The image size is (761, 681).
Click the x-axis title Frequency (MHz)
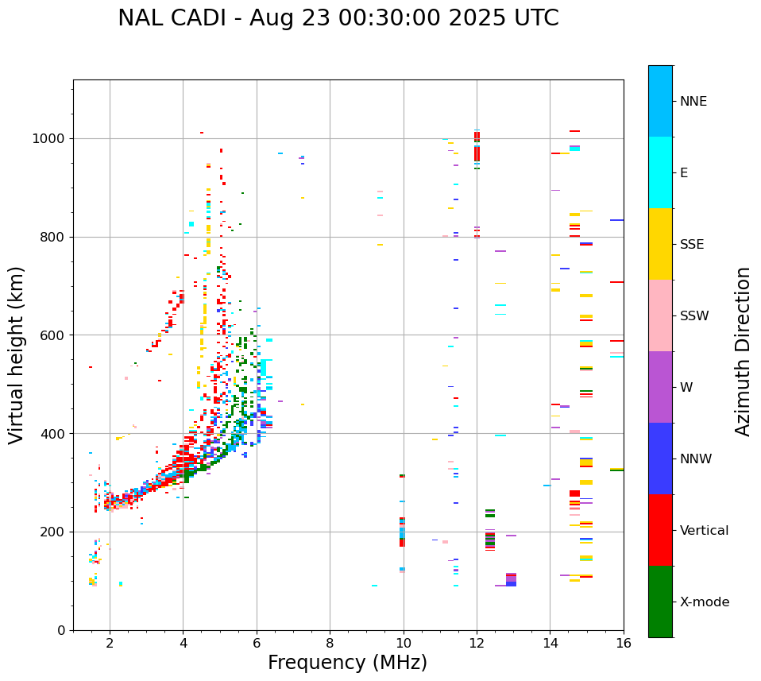pyautogui.click(x=347, y=663)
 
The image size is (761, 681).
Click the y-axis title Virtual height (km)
pyautogui.click(x=17, y=354)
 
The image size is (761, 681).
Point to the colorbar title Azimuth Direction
pyautogui.click(x=743, y=351)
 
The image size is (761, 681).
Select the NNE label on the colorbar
pyautogui.click(x=693, y=102)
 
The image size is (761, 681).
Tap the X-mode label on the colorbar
pyautogui.click(x=704, y=602)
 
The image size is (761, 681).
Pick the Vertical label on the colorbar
pyautogui.click(x=704, y=531)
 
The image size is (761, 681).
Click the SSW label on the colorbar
pyautogui.click(x=694, y=316)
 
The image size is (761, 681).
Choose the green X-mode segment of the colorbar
pyautogui.click(x=660, y=602)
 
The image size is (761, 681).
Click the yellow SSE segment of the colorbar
pyautogui.click(x=660, y=244)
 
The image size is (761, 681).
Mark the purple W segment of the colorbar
pyautogui.click(x=660, y=387)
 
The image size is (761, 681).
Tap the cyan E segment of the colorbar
pyautogui.click(x=660, y=172)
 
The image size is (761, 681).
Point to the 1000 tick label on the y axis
pyautogui.click(x=49, y=139)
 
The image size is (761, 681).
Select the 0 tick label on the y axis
pyautogui.click(x=61, y=630)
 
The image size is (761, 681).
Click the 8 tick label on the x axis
pyautogui.click(x=330, y=644)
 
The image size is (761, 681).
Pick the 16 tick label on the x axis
pyautogui.click(x=624, y=644)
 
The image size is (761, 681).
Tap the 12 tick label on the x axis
pyautogui.click(x=477, y=644)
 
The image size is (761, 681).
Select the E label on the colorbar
pyautogui.click(x=684, y=173)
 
